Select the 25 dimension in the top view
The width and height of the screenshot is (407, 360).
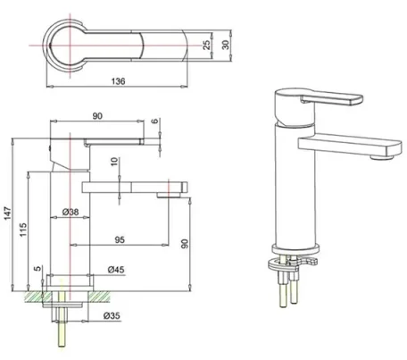pyautogui.click(x=206, y=44)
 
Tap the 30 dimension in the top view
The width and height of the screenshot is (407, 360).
pyautogui.click(x=227, y=44)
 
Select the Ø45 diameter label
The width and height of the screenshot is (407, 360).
pyautogui.click(x=115, y=269)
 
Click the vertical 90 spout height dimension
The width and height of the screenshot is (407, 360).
pyautogui.click(x=184, y=243)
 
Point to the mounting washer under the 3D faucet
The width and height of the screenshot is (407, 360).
pyautogui.click(x=297, y=261)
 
